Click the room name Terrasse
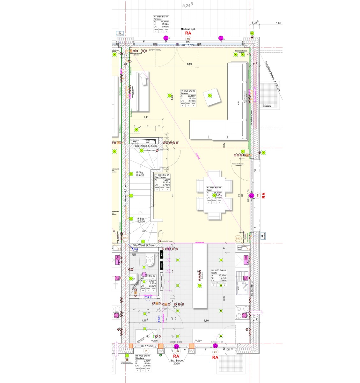158,19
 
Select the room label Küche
214,273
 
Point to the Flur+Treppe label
162,177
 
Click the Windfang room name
140,358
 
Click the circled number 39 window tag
188,39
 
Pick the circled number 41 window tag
215,352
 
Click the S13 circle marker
125,238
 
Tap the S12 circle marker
238,238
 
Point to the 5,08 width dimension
189,64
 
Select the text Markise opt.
188,29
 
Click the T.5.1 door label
148,297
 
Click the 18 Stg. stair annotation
139,172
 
